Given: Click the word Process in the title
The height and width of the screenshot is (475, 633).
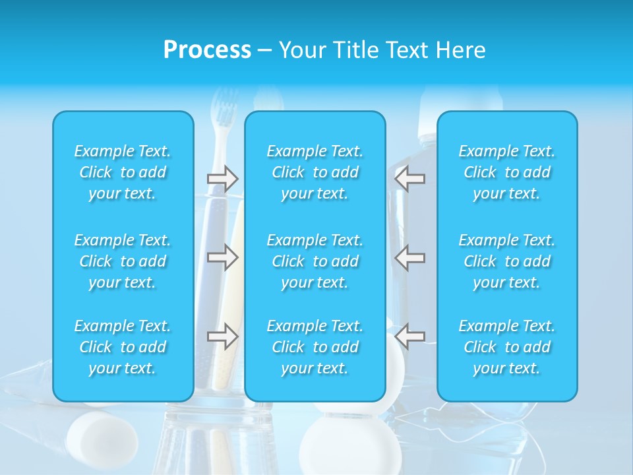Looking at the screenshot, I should pyautogui.click(x=207, y=50).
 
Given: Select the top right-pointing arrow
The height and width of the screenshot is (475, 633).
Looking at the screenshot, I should pyautogui.click(x=222, y=178).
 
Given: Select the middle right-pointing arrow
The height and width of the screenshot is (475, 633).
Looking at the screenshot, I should pyautogui.click(x=222, y=257).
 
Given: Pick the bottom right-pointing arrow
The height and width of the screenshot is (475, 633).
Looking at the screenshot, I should pyautogui.click(x=222, y=336).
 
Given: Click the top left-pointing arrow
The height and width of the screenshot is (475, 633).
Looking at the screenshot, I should pyautogui.click(x=410, y=178).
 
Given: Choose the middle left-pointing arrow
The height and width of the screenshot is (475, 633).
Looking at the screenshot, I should pyautogui.click(x=410, y=257).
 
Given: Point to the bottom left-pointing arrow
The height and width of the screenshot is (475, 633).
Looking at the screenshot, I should pyautogui.click(x=410, y=336).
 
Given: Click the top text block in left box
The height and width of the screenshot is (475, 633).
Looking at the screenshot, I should pyautogui.click(x=123, y=172).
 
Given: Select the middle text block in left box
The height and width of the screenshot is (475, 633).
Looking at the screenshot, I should pyautogui.click(x=123, y=261).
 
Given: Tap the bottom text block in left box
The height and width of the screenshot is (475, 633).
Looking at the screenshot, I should pyautogui.click(x=123, y=347).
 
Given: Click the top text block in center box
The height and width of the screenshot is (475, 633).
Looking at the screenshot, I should pyautogui.click(x=315, y=172).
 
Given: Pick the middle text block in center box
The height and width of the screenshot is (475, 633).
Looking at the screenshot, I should pyautogui.click(x=315, y=261).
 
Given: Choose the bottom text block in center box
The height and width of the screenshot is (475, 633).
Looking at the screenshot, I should pyautogui.click(x=315, y=347).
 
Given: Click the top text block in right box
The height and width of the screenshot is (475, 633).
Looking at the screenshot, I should pyautogui.click(x=507, y=172).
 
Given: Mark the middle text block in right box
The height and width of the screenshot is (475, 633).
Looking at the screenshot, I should pyautogui.click(x=507, y=261).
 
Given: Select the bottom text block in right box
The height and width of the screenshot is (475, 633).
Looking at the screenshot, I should pyautogui.click(x=507, y=347).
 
